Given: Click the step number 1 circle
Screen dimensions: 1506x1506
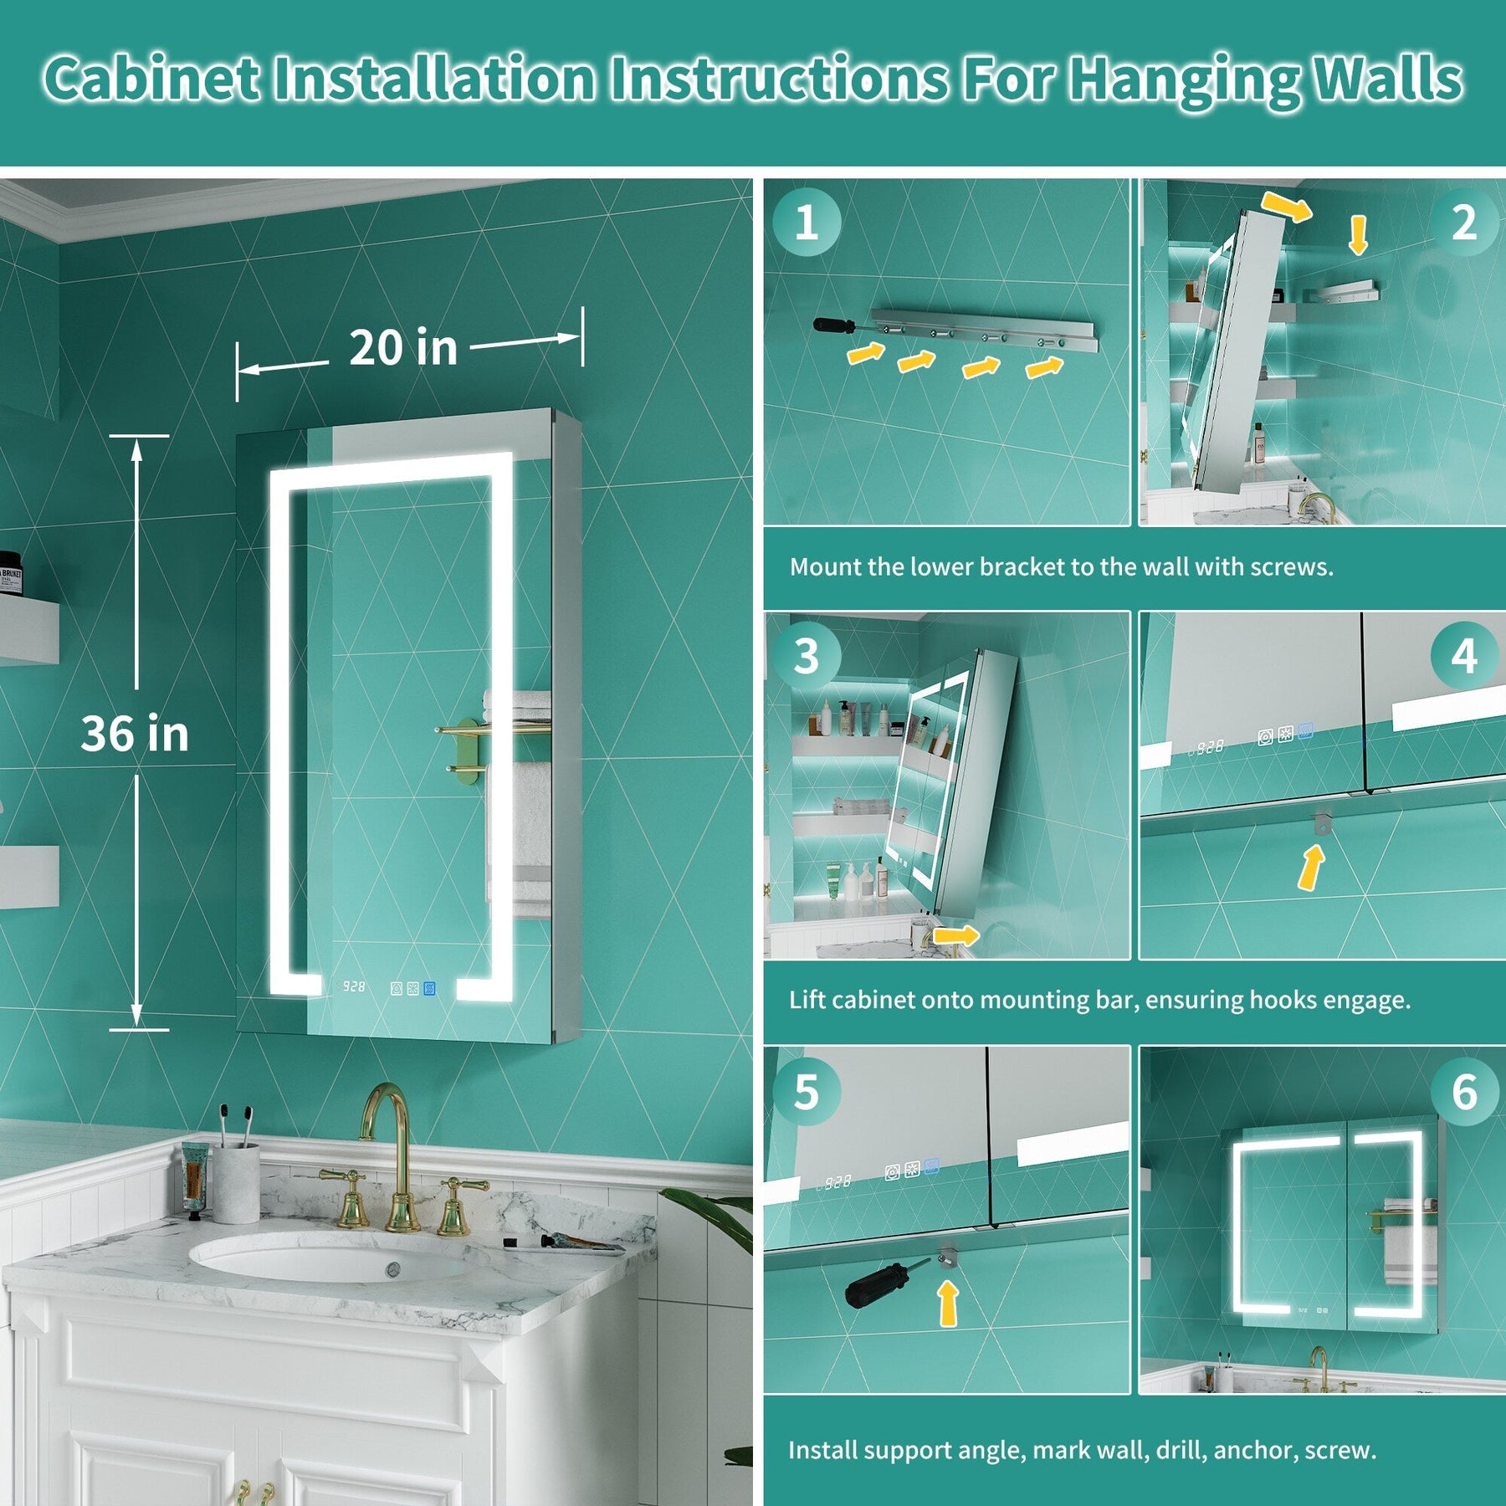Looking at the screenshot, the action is (806, 223).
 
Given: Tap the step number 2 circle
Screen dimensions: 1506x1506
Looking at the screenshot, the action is (1463, 223).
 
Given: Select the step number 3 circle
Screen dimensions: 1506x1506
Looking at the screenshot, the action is (806, 657).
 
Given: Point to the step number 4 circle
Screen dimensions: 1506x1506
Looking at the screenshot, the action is (1463, 657).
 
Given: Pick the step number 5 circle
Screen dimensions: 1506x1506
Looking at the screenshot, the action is (806, 1092).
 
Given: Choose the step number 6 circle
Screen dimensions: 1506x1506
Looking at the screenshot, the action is (1463, 1092).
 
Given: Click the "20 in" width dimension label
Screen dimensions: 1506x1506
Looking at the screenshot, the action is (403, 347).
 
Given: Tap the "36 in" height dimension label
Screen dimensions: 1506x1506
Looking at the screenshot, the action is (135, 733).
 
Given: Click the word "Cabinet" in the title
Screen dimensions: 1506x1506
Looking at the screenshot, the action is (152, 79).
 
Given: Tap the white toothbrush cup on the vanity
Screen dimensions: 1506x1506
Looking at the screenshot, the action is (236, 1183).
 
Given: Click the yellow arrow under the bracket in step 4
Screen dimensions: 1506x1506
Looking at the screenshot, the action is (1311, 868).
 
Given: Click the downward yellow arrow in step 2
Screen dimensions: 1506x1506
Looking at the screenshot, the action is (1358, 235).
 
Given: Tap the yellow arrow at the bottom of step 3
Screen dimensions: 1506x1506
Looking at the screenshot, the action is (955, 935).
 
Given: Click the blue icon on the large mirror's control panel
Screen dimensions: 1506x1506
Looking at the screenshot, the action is (429, 989).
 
